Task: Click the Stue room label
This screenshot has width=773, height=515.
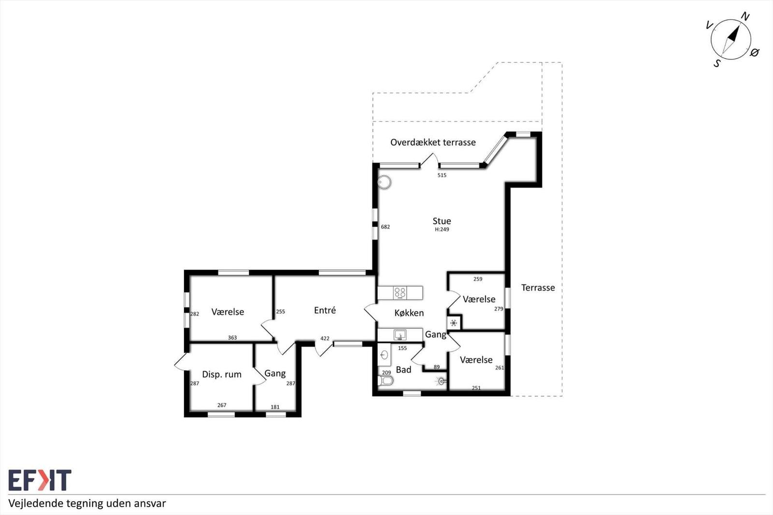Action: point(442,221)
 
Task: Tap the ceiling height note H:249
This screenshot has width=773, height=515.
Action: point(442,229)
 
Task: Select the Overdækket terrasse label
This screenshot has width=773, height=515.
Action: point(433,142)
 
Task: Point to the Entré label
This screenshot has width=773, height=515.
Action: point(325,310)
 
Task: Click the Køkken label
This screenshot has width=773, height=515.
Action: point(409,313)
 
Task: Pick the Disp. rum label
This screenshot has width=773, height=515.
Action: point(222,374)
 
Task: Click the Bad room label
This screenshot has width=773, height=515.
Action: point(403,370)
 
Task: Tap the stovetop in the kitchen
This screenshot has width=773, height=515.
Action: point(400,293)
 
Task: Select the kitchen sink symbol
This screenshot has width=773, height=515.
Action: point(400,334)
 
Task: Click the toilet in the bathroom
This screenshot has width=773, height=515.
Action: point(386,381)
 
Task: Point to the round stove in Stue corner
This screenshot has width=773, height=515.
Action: point(384,182)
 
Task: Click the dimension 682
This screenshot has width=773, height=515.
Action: point(385,227)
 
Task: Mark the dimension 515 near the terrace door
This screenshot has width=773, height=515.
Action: point(442,175)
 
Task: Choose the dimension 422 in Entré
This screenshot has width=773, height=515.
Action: point(325,338)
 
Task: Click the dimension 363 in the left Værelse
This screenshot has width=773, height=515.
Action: point(232,338)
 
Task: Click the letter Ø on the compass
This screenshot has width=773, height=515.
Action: point(755,53)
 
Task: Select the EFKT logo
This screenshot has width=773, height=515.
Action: point(40,480)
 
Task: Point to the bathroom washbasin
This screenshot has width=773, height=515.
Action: point(384,355)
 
